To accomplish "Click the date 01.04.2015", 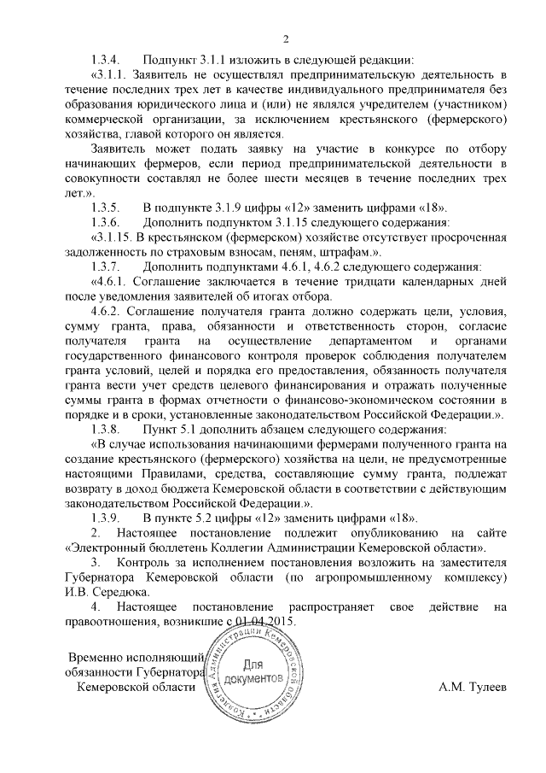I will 265,623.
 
